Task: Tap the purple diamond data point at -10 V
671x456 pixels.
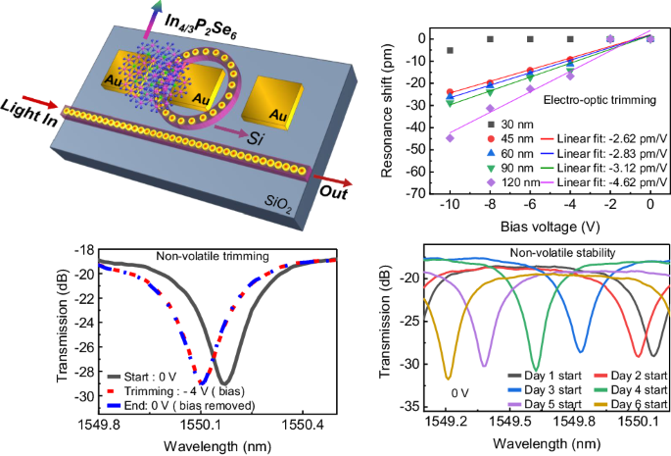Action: point(450,138)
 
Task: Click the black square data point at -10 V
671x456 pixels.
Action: point(450,50)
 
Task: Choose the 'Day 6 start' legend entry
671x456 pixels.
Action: point(636,404)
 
